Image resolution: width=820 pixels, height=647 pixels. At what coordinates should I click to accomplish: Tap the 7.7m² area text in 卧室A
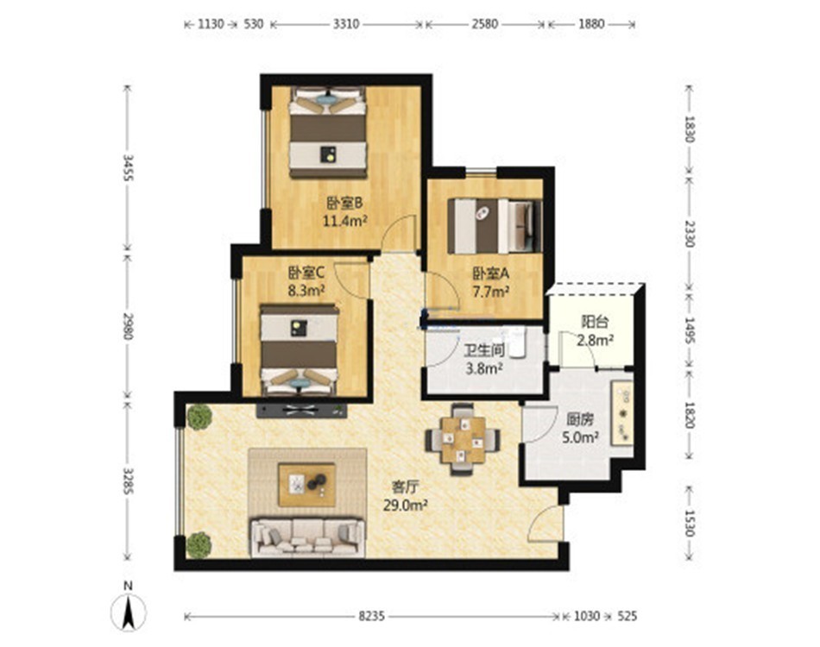(x=491, y=292)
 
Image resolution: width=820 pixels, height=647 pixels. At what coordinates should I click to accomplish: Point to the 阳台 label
(x=595, y=322)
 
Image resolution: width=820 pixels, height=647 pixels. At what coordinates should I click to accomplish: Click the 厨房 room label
(x=580, y=419)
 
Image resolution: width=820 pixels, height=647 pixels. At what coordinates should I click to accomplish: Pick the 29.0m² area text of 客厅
(x=406, y=506)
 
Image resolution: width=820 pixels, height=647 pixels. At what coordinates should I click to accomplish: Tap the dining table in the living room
(x=463, y=439)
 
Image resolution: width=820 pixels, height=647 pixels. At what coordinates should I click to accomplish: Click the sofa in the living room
(x=308, y=537)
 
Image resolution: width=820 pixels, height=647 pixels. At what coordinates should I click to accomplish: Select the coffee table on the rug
(x=307, y=485)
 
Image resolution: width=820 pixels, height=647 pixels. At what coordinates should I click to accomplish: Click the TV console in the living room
(x=302, y=410)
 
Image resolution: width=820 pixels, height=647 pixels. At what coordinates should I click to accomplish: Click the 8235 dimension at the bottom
(x=371, y=617)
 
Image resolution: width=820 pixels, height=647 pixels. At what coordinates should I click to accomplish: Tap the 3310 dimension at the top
(x=346, y=24)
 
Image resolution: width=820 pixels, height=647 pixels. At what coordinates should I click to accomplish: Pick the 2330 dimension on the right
(x=691, y=234)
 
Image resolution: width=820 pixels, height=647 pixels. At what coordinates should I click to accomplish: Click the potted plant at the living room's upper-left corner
(x=199, y=417)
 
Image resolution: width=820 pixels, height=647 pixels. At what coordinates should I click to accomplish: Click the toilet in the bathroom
(x=518, y=343)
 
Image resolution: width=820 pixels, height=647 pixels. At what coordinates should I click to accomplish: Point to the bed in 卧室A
(x=495, y=226)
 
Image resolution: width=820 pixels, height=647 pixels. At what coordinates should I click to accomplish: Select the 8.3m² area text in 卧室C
(x=306, y=290)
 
